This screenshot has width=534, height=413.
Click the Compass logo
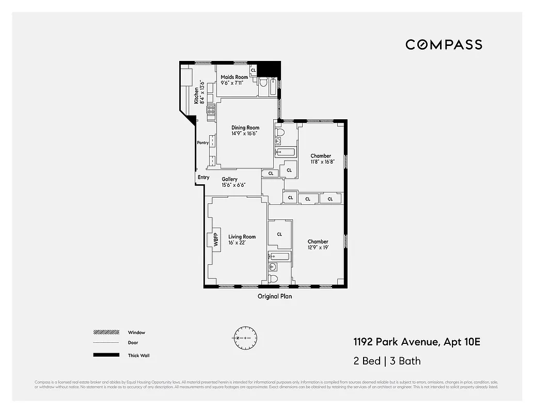444,44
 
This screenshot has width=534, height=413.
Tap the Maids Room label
234,77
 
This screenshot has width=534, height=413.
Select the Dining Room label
245,128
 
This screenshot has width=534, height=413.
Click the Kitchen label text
197,96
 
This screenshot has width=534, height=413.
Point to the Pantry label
202,142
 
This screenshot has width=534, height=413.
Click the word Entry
203,177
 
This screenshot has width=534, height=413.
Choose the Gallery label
230,179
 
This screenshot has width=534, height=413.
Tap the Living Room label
242,237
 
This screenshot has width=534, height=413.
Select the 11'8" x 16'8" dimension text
322,162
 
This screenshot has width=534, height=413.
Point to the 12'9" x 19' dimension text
318,247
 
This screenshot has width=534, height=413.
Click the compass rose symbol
245,338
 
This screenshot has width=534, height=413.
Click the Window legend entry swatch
105,332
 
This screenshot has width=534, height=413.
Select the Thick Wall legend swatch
105,355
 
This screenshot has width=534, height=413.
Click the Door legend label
133,343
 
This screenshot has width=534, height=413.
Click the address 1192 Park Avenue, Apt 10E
417,342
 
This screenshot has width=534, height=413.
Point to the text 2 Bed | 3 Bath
387,360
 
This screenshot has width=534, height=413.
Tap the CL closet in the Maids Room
253,70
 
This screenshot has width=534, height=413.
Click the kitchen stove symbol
211,109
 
